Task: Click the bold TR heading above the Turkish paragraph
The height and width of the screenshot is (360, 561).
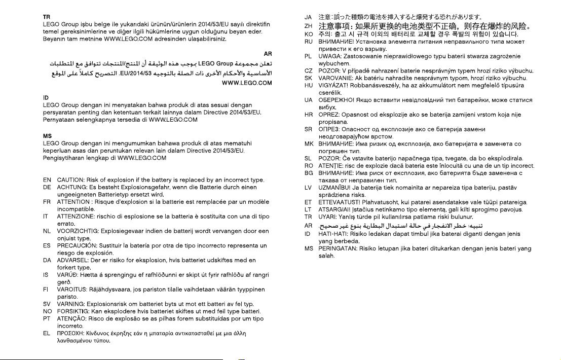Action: pos(46,17)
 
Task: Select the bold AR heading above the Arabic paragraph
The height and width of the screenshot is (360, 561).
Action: pos(268,54)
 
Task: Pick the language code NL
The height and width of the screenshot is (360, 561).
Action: pos(47,231)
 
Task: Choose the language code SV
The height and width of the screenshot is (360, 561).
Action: pos(47,304)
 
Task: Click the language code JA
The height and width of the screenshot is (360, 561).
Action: pos(308,18)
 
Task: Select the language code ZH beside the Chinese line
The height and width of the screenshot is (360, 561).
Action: pos(308,26)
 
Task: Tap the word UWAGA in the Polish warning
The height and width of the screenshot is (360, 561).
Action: pos(329,56)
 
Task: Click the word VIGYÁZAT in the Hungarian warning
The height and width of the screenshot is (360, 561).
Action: pos(333,86)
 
